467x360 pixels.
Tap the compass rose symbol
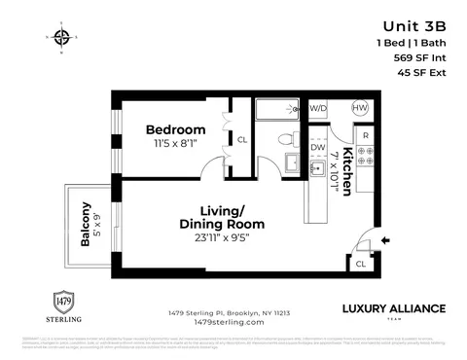62,38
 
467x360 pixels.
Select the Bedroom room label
176,129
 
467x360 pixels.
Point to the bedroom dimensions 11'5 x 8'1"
176,143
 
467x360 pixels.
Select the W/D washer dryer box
318,108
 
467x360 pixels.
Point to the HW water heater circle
359,108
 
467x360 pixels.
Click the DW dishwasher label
317,149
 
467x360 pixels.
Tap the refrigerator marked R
365,134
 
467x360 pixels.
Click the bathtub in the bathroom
280,109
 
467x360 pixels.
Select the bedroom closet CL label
242,140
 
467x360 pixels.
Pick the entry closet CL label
360,263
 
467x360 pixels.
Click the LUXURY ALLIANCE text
394,308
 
